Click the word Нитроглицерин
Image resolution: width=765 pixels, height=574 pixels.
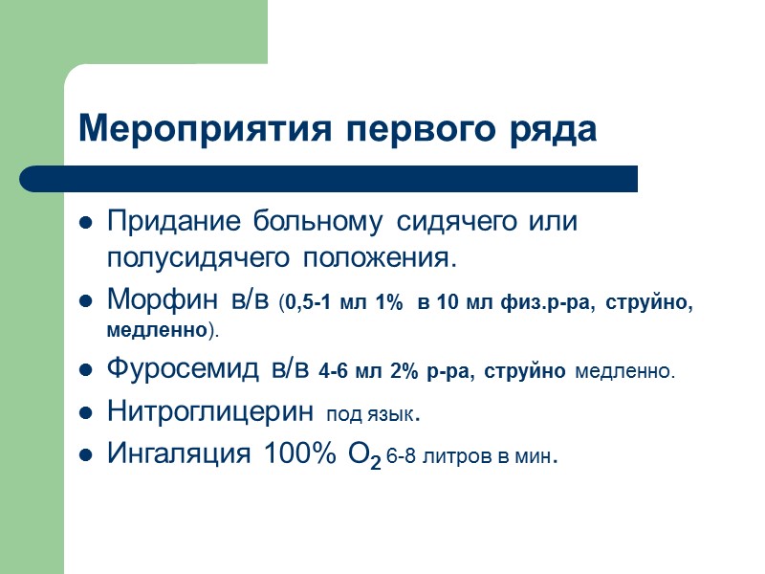coord(209,412)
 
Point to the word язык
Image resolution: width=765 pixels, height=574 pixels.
coord(398,416)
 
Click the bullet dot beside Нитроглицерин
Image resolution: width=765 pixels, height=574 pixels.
coord(85,414)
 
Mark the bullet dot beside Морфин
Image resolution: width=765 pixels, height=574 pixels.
coord(85,302)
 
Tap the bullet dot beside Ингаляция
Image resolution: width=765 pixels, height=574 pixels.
coord(85,456)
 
